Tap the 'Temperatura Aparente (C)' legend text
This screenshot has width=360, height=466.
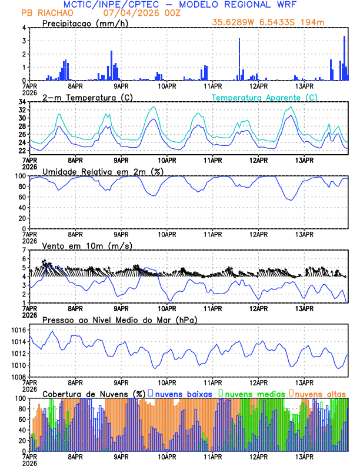265,97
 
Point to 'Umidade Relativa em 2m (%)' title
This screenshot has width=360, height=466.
98,171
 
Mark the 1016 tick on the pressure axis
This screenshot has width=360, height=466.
18,331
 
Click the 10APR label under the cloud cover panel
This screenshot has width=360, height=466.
166,456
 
